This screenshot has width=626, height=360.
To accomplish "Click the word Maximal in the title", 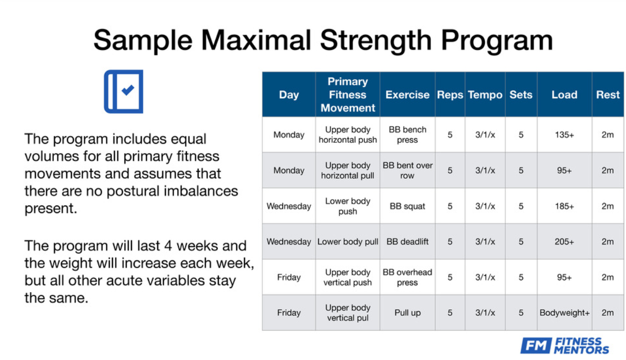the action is click(256, 40).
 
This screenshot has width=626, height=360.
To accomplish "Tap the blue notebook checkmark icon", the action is click(124, 91).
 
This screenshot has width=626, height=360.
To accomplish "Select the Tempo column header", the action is click(485, 95).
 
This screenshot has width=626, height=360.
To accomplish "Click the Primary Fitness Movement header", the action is click(348, 95).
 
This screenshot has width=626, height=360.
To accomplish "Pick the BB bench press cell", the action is click(407, 135).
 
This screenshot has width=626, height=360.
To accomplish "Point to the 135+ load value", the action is click(564, 135).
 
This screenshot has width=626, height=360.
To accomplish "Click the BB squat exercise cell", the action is click(407, 206).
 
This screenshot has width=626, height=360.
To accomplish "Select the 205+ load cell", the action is click(564, 242).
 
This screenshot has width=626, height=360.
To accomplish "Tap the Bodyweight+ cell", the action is click(564, 313).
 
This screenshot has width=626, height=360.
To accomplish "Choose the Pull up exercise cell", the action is click(407, 313).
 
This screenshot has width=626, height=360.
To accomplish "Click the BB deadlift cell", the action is click(407, 242).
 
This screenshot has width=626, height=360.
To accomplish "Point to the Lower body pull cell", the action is click(348, 242).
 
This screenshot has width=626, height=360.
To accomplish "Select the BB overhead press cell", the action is click(407, 277).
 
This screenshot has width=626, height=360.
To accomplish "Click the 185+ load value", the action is click(564, 206).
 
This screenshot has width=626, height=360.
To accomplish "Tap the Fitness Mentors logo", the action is click(564, 346).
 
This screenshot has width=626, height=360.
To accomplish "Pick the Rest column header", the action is click(608, 95).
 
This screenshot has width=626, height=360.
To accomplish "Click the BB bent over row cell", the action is click(407, 170).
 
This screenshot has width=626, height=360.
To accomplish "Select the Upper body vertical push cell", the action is click(348, 277).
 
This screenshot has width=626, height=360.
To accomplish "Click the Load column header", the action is click(564, 95).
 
